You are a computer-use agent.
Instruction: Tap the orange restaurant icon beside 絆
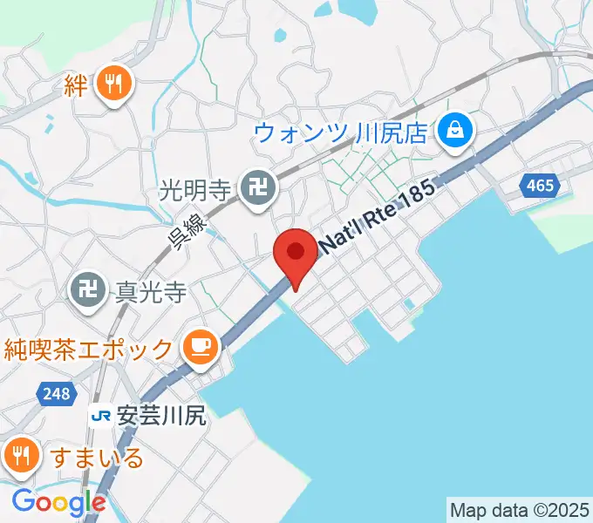(x=114, y=85)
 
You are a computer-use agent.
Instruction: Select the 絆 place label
(x=77, y=85)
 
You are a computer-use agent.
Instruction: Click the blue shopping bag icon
(x=454, y=132)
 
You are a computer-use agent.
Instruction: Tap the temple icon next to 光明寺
(x=258, y=186)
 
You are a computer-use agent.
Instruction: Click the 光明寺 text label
(x=197, y=186)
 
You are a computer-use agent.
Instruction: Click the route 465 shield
(x=540, y=186)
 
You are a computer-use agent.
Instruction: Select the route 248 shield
(x=54, y=395)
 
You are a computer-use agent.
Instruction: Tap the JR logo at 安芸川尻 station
(x=100, y=417)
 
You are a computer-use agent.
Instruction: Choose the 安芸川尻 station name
(x=160, y=417)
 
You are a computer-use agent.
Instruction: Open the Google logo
(x=58, y=501)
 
